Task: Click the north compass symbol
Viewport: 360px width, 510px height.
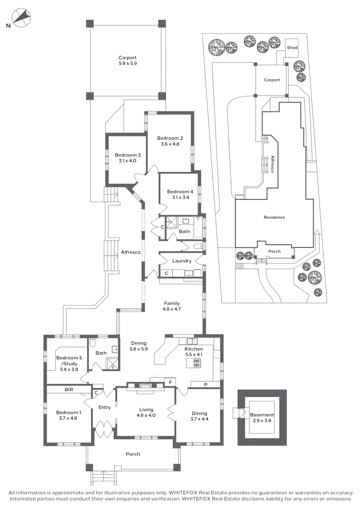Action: coord(21,18)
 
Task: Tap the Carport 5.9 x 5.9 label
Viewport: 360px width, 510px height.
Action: coord(127,60)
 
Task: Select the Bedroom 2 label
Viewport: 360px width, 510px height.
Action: coord(170,141)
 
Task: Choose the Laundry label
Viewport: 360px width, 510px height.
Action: coord(182,261)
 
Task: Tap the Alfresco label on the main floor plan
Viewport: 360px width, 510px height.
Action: coord(131,253)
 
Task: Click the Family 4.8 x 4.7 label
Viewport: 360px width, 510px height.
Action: coord(172,306)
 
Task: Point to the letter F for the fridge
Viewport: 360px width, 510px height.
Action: coord(170,381)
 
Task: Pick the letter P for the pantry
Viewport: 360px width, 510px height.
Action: coord(205,384)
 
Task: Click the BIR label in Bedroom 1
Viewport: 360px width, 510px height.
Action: coord(68,390)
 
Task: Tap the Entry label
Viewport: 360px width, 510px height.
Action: coord(104,408)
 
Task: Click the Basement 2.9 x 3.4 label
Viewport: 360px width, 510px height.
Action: coord(262,418)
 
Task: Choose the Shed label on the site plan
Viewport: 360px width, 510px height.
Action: coord(293,47)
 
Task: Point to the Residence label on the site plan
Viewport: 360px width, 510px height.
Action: coord(274,217)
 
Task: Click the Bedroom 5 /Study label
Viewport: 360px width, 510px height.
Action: coord(69,360)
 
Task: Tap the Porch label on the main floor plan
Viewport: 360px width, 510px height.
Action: coord(133,454)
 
